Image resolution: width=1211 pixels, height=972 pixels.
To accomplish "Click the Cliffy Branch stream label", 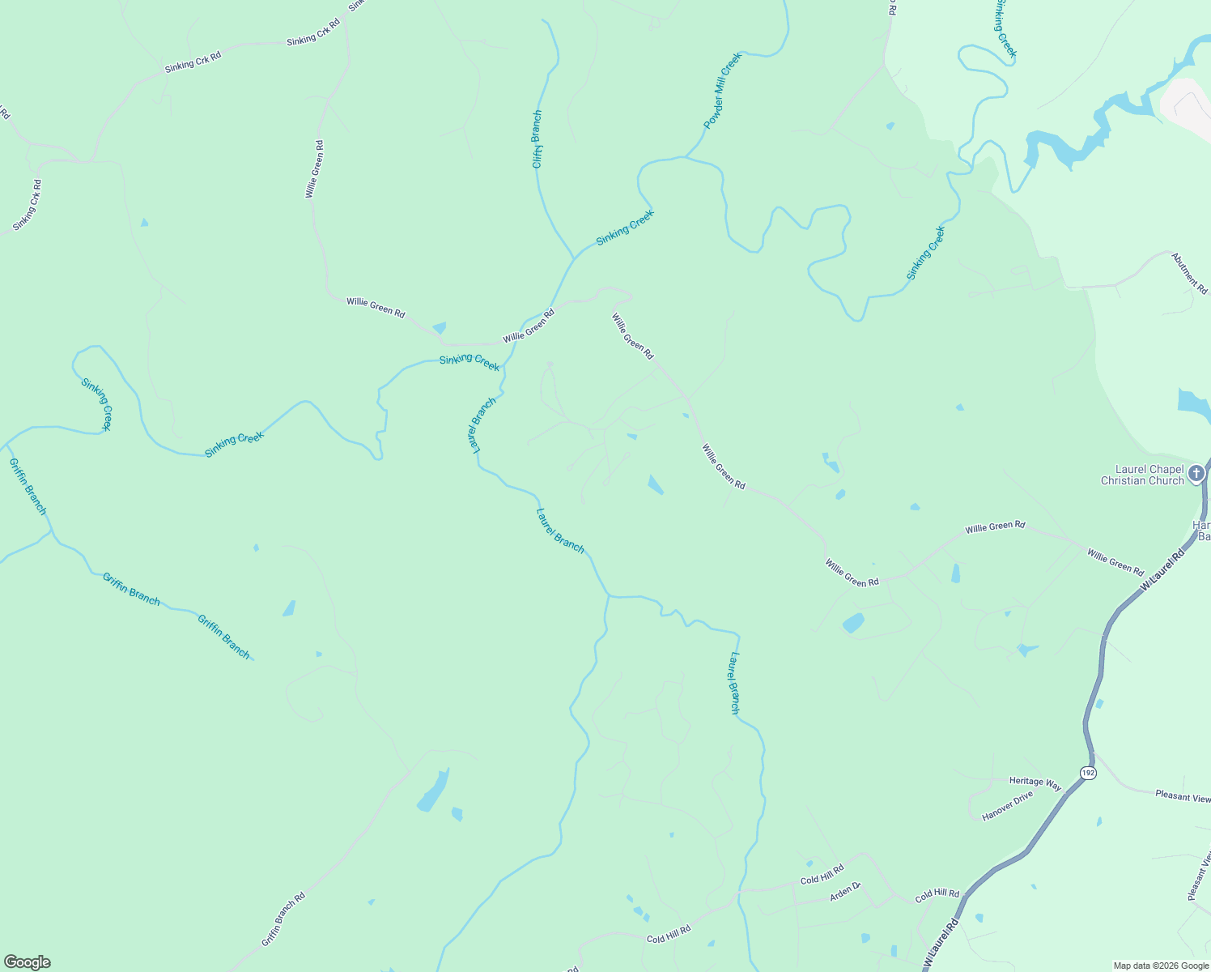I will click(x=537, y=139).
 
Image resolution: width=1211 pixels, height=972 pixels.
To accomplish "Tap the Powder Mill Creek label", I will click(x=722, y=91).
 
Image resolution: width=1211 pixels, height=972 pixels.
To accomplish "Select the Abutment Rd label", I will click(x=1189, y=273).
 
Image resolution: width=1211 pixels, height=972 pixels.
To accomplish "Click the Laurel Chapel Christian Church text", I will click(x=1142, y=475).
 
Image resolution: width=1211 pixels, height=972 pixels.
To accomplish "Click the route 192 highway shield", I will click(x=1089, y=773).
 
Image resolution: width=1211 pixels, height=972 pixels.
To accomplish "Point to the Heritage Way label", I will click(x=1035, y=783).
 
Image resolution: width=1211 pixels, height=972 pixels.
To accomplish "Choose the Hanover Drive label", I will click(x=1007, y=806).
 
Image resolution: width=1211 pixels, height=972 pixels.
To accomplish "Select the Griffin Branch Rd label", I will click(x=283, y=919).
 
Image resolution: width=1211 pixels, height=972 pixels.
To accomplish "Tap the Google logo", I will click(x=27, y=962).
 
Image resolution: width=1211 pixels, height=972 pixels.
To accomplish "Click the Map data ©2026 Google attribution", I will click(x=1160, y=966).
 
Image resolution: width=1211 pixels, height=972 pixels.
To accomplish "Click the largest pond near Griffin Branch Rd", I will click(x=433, y=791).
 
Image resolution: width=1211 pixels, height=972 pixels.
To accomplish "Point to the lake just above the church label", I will click(x=1193, y=403).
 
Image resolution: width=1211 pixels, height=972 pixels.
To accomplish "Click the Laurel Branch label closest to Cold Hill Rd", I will click(x=734, y=683).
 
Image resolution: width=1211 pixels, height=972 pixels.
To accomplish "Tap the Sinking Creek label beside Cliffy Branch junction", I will click(x=624, y=228).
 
